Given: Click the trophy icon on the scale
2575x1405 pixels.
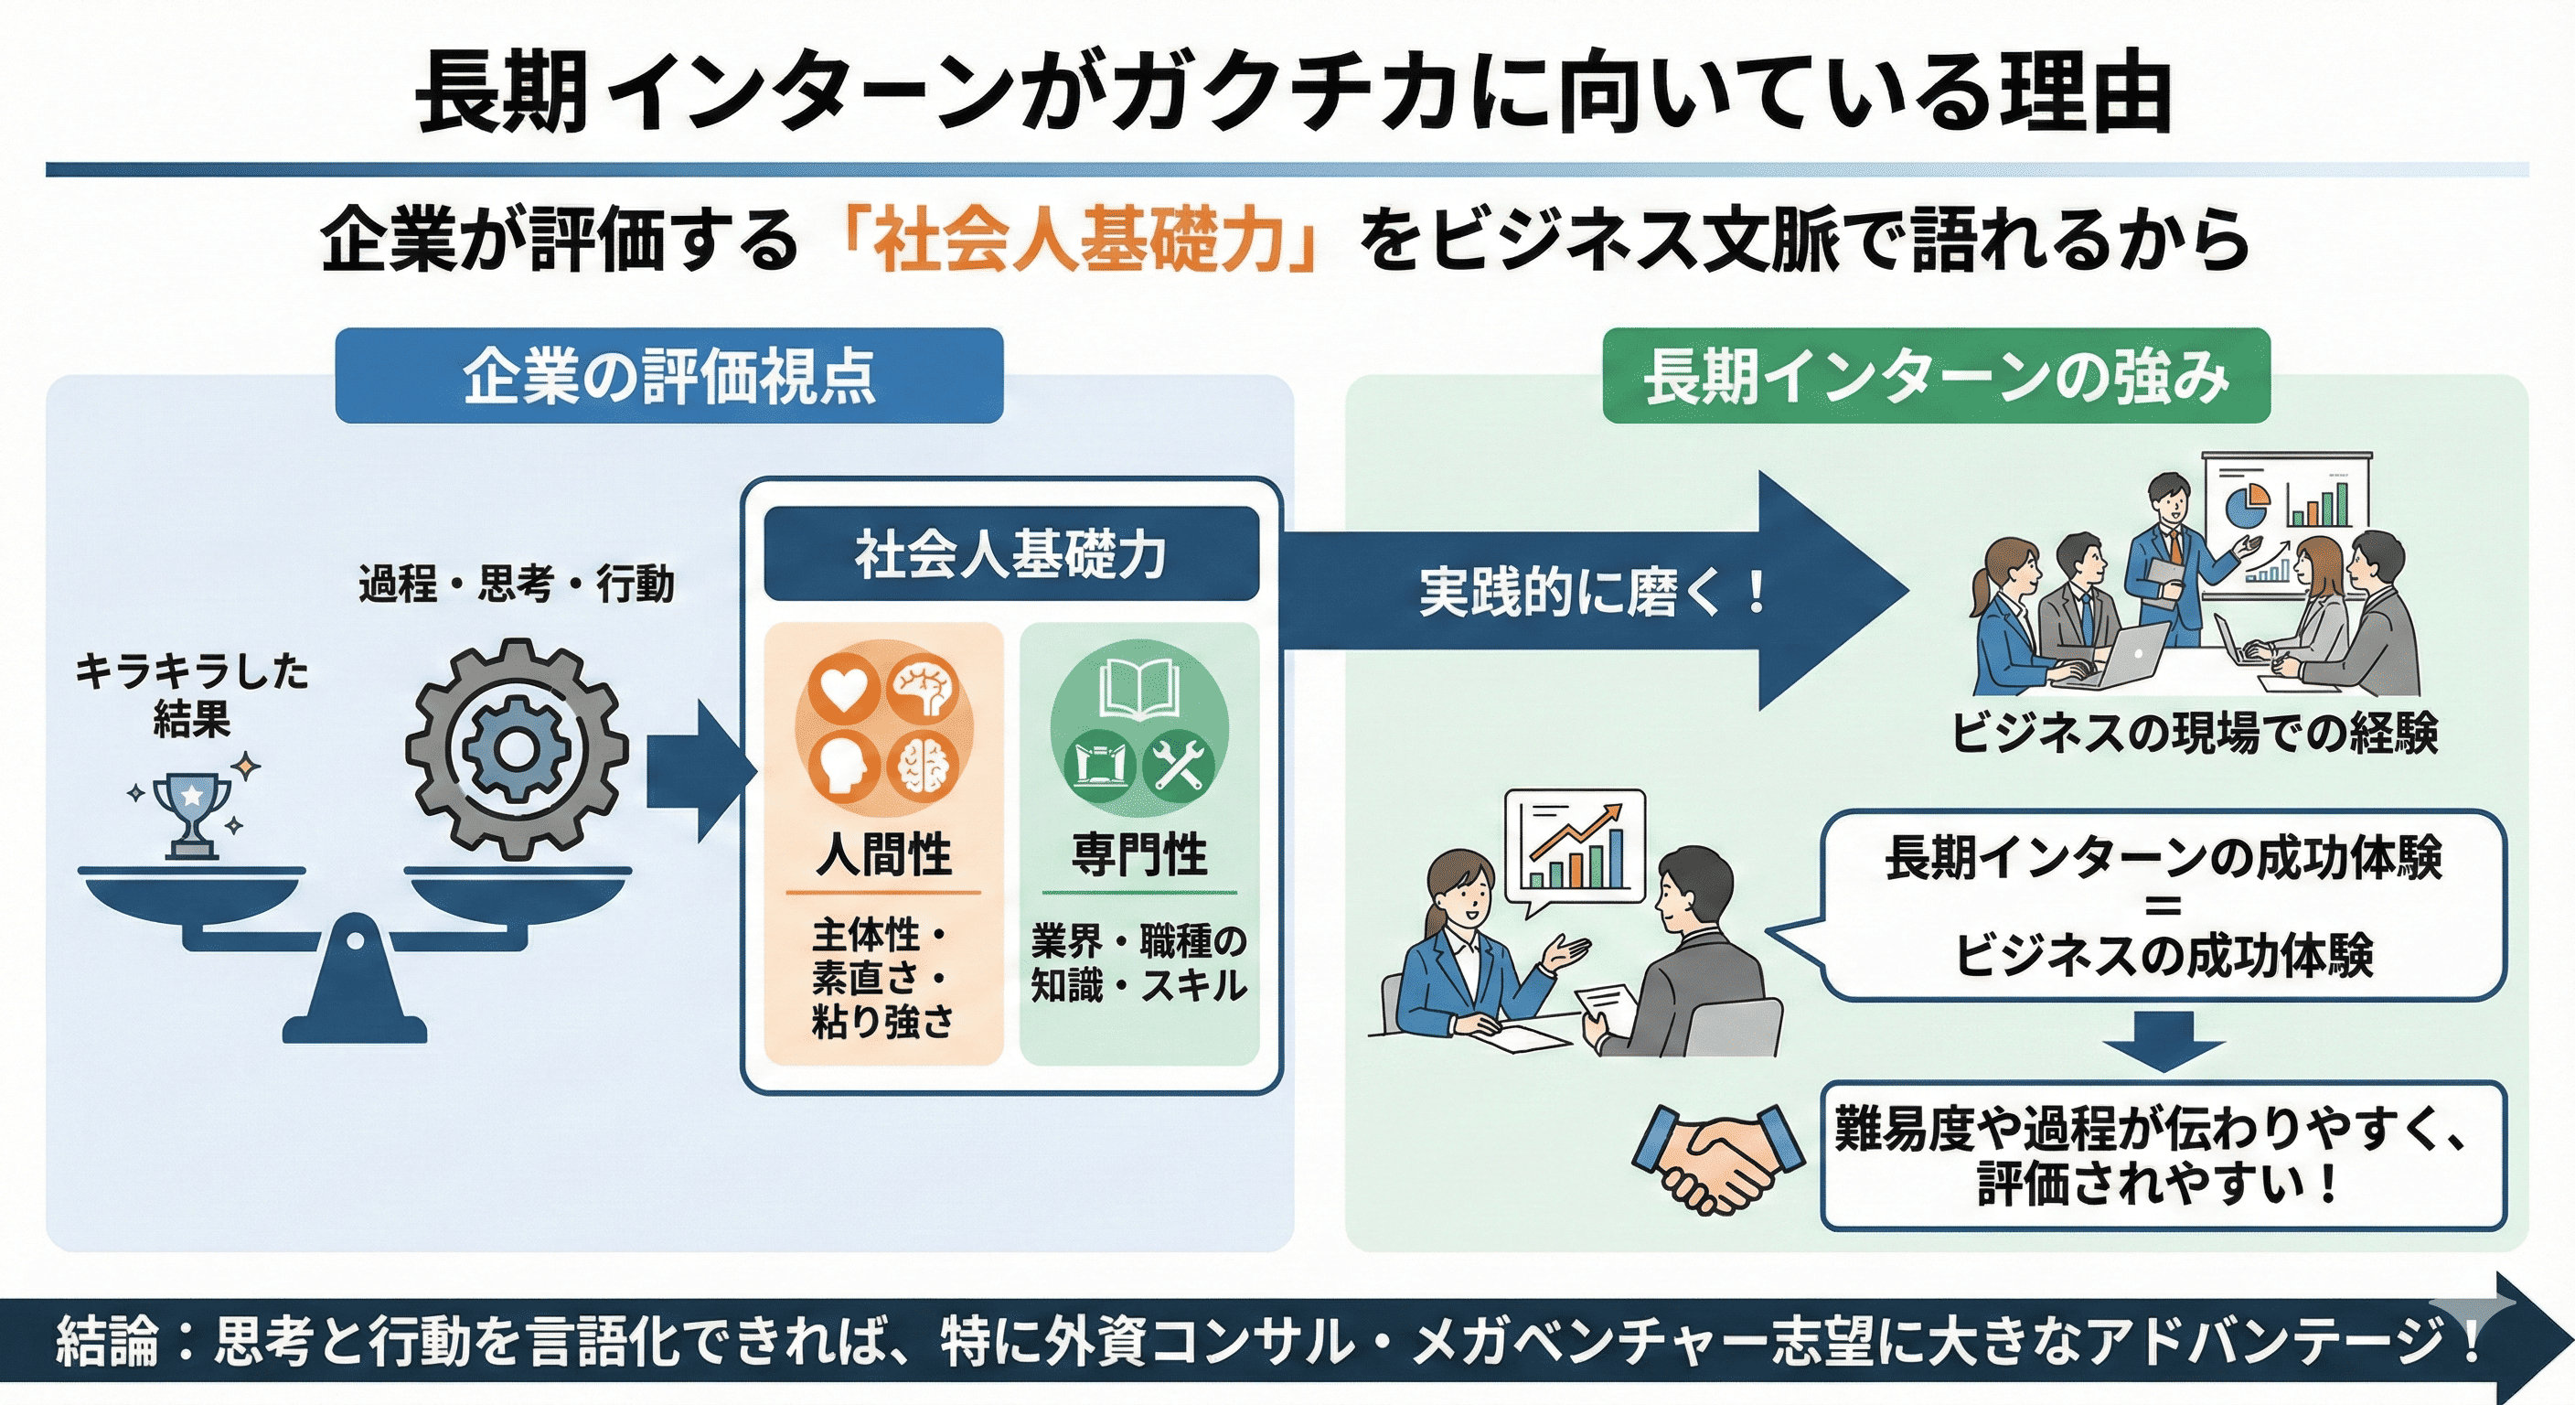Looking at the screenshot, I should (x=192, y=814).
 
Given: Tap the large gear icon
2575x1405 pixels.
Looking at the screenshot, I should (x=517, y=750).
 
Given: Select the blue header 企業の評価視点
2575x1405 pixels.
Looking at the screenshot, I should (x=668, y=376).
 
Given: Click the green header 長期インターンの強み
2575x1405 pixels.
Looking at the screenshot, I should (x=1936, y=376).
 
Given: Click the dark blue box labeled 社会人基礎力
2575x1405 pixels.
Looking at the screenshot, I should (x=1010, y=554).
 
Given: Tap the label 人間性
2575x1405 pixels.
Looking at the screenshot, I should (x=883, y=855).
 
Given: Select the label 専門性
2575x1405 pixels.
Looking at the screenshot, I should (x=1138, y=855).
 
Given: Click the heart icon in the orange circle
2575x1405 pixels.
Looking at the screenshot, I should (x=845, y=690).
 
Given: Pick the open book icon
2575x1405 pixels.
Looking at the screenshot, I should (x=1138, y=690).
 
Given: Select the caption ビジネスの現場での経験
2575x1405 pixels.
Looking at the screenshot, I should (x=2195, y=733).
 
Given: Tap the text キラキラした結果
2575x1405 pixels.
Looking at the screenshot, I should (x=192, y=694).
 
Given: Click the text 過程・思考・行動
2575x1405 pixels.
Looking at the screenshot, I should (x=516, y=584).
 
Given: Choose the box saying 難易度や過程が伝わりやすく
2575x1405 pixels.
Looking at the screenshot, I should (x=2164, y=1156).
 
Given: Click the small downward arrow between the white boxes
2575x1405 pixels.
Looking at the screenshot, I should (x=2164, y=1040).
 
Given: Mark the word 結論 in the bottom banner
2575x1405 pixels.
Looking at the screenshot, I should (x=107, y=1342).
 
